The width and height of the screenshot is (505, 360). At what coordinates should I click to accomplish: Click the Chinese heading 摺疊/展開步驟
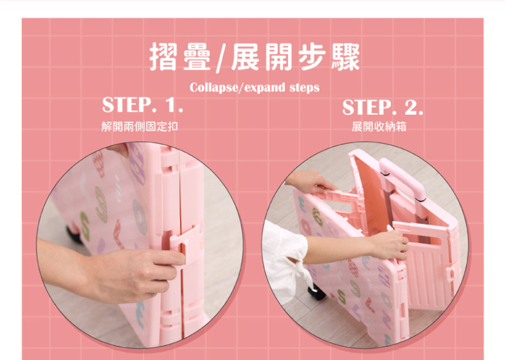255,57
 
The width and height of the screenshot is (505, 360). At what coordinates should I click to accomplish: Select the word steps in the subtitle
305,88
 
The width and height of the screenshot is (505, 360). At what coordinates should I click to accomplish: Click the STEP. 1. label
143,105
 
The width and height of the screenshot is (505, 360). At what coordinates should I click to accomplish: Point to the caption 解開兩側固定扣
139,126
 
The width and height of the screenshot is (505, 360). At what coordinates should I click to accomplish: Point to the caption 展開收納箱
379,126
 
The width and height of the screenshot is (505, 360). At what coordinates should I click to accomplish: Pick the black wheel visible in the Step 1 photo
74,235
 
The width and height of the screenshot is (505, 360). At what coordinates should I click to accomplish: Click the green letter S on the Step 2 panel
342,296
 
